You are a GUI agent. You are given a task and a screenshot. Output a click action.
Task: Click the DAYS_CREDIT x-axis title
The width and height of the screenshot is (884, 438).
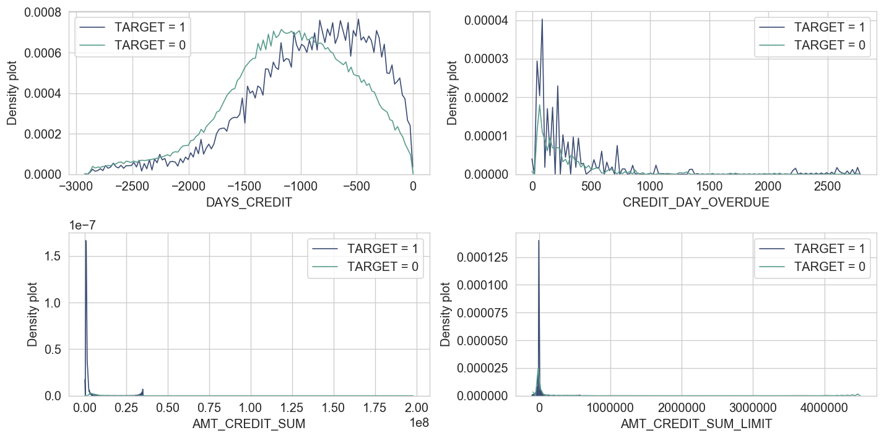coord(248,202)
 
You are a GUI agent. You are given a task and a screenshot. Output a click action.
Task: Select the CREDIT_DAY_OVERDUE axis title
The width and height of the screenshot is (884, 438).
coord(696,202)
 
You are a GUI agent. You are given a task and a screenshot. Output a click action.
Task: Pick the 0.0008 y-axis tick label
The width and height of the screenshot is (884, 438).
coord(43,13)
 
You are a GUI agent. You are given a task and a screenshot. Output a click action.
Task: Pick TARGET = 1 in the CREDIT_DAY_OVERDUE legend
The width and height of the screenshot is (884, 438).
coord(830,28)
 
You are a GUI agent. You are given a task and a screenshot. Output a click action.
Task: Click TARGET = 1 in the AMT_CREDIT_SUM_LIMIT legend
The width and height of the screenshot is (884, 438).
coord(830,249)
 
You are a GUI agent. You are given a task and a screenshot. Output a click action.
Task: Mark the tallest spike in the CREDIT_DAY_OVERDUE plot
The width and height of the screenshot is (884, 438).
coord(542,19)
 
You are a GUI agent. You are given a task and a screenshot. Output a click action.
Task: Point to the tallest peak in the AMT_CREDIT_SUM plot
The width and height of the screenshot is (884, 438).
coord(85,241)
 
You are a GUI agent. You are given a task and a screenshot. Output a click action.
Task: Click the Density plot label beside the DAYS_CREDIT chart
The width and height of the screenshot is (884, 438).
coord(12,93)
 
